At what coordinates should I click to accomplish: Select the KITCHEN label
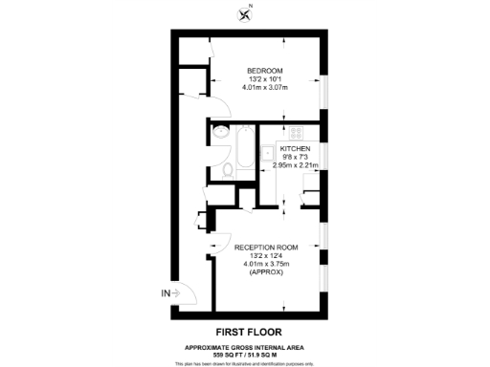[296, 150]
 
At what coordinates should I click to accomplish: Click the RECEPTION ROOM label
[266, 247]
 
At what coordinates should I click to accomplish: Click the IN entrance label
[166, 292]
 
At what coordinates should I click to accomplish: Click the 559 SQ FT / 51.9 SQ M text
[244, 354]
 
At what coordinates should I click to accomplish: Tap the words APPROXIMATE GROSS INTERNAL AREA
[244, 346]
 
